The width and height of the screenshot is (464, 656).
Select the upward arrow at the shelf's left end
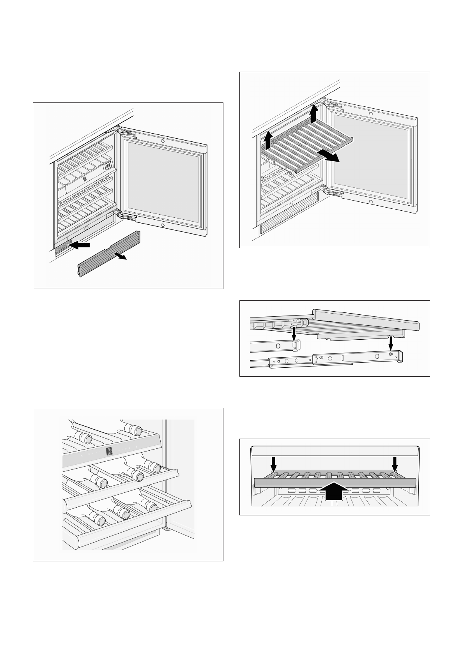[268, 141]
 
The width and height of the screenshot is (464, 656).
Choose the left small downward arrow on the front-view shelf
[274, 464]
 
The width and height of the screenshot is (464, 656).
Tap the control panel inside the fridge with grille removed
[107, 166]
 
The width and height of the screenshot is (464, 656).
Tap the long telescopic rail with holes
[335, 358]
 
